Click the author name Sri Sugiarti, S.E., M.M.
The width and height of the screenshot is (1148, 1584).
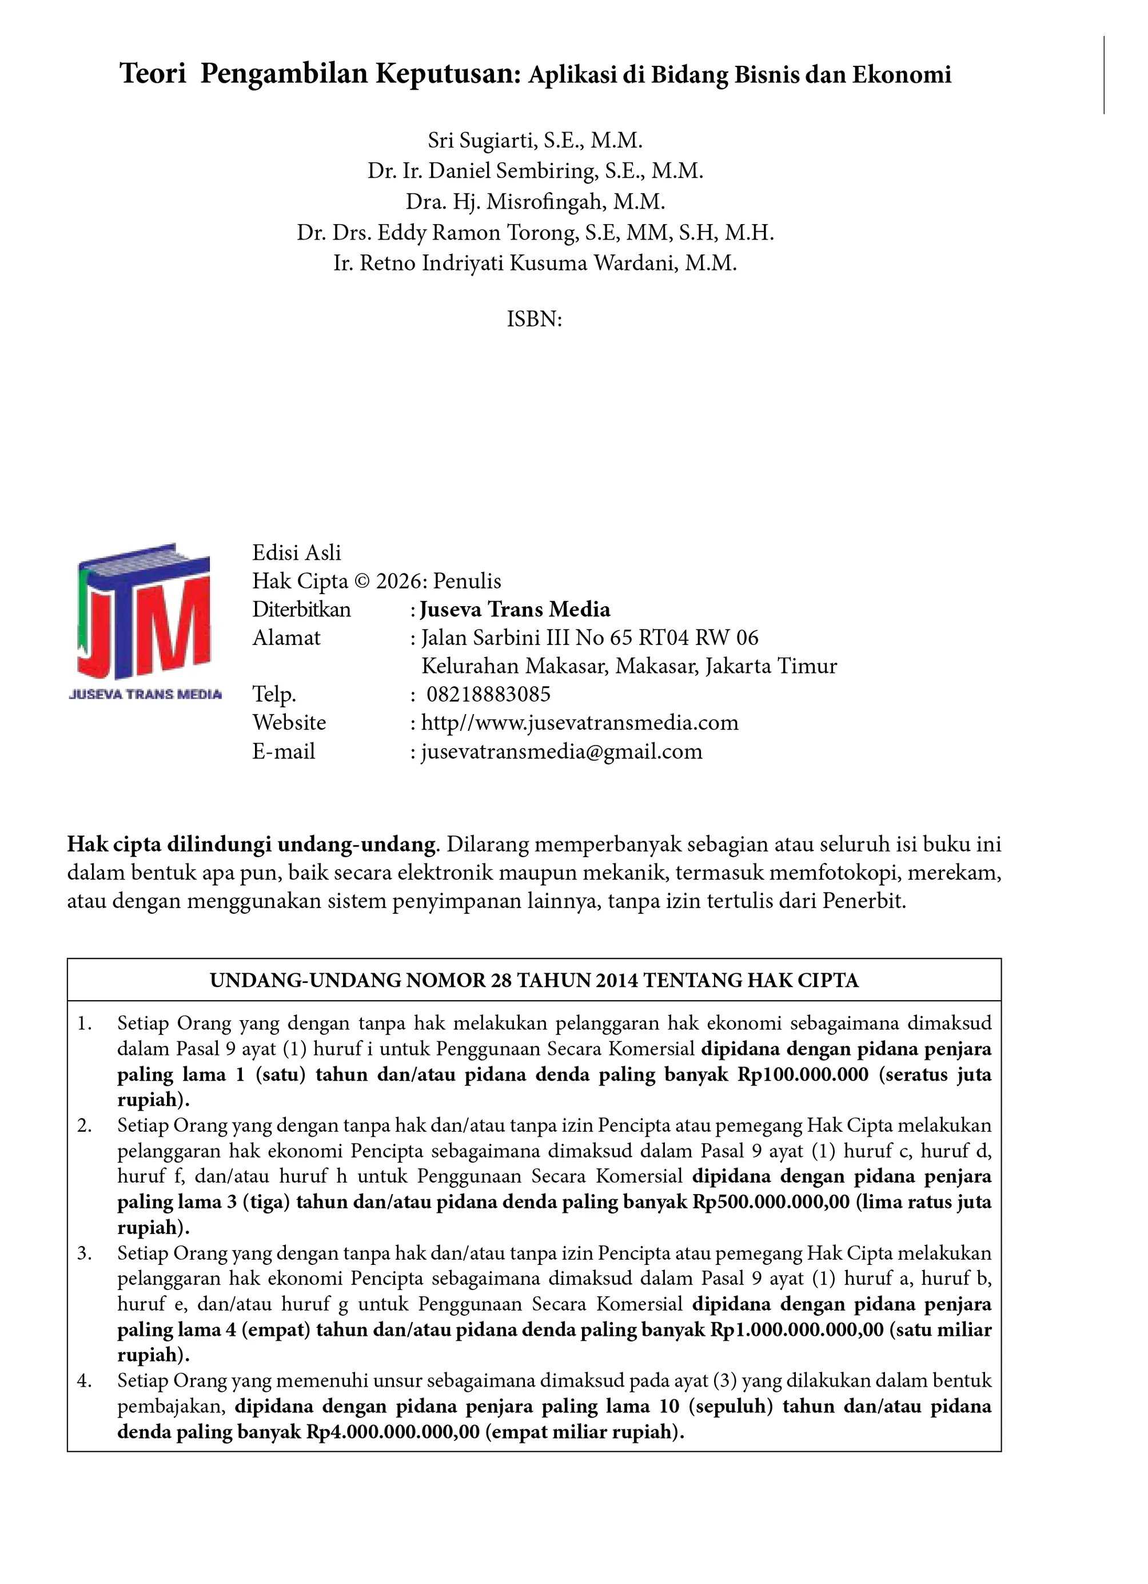coord(535,141)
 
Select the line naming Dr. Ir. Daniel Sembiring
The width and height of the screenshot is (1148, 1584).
coord(535,171)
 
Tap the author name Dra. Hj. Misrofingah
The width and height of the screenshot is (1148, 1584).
coord(535,202)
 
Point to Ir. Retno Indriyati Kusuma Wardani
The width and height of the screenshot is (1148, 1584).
coord(535,263)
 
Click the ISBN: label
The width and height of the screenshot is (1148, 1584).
coord(534,319)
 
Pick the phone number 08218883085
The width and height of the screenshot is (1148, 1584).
coord(488,694)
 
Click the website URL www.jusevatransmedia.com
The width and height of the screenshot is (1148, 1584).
coord(580,722)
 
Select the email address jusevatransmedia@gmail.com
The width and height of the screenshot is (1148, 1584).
coord(561,751)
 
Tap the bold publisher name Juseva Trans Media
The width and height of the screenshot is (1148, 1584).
coord(515,610)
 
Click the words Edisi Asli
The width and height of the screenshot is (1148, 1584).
coord(297,552)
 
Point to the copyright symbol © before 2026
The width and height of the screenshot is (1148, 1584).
coord(362,581)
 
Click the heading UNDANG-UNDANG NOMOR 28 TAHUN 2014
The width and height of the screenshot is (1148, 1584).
coord(534,981)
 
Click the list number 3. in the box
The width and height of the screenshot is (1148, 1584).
coord(85,1253)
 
